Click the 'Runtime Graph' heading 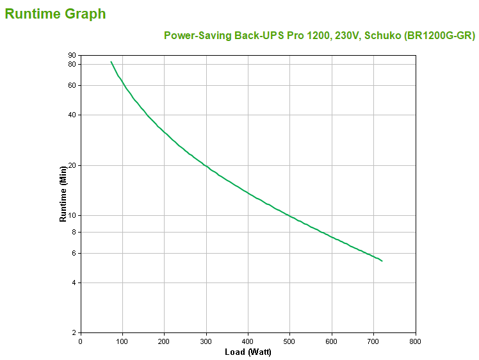[56, 13]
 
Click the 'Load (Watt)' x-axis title [248, 352]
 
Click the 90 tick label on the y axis [72, 56]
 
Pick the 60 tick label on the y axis [72, 85]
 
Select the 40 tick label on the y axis [72, 115]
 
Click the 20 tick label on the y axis [72, 165]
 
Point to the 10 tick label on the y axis [72, 215]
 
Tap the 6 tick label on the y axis [74, 253]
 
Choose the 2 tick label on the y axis [74, 332]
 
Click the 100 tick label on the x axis [122, 341]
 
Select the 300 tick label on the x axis [206, 341]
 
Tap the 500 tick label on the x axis [289, 341]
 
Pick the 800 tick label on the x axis [416, 341]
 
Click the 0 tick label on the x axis [80, 341]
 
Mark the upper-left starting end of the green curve [111, 61]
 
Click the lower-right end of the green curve [382, 261]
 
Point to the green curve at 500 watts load [289, 216]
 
